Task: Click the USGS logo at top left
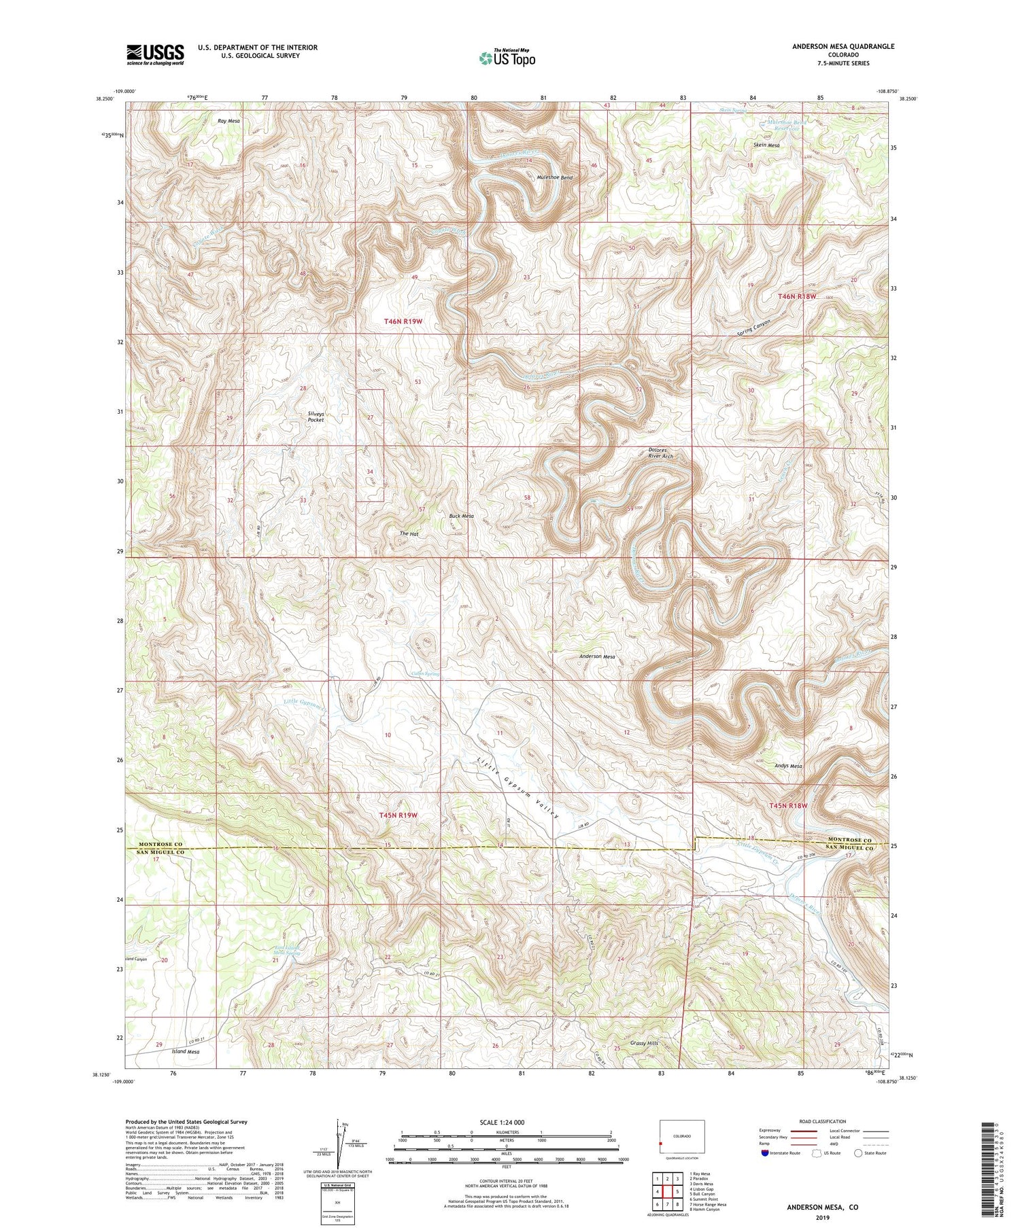tap(155, 54)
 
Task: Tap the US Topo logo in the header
tap(507, 58)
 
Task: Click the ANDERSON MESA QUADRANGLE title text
tap(843, 46)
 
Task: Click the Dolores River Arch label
tap(658, 453)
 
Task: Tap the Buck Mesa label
tap(461, 516)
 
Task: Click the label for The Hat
tap(409, 533)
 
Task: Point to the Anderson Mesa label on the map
tap(597, 656)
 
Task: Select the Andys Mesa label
tap(788, 766)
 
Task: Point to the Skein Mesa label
tap(766, 145)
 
